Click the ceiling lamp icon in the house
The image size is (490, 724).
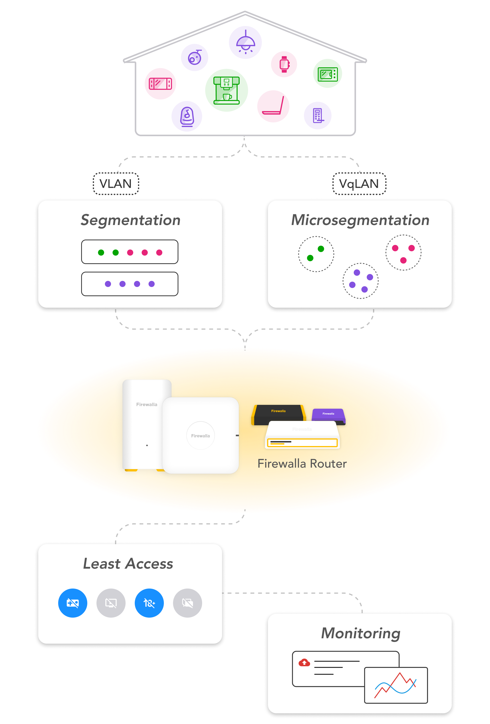[x=245, y=42]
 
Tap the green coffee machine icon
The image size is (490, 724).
[x=227, y=90]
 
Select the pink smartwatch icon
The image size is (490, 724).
[x=284, y=64]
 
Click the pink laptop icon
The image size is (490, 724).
[x=273, y=106]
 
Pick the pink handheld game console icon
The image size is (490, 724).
[x=160, y=84]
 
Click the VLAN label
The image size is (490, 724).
[x=116, y=184]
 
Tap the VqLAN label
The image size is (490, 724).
[x=359, y=184]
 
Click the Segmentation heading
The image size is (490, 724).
[x=130, y=220]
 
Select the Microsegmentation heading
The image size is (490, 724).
[x=360, y=220]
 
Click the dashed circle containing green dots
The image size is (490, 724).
[x=316, y=254]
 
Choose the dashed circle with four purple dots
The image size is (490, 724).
[x=360, y=281]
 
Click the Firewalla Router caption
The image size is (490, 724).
[x=302, y=464]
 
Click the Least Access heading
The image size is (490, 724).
[x=128, y=564]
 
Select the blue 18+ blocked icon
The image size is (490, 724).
[x=149, y=603]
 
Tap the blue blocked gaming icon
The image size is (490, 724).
[x=73, y=603]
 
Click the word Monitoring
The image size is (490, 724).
[x=361, y=633]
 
